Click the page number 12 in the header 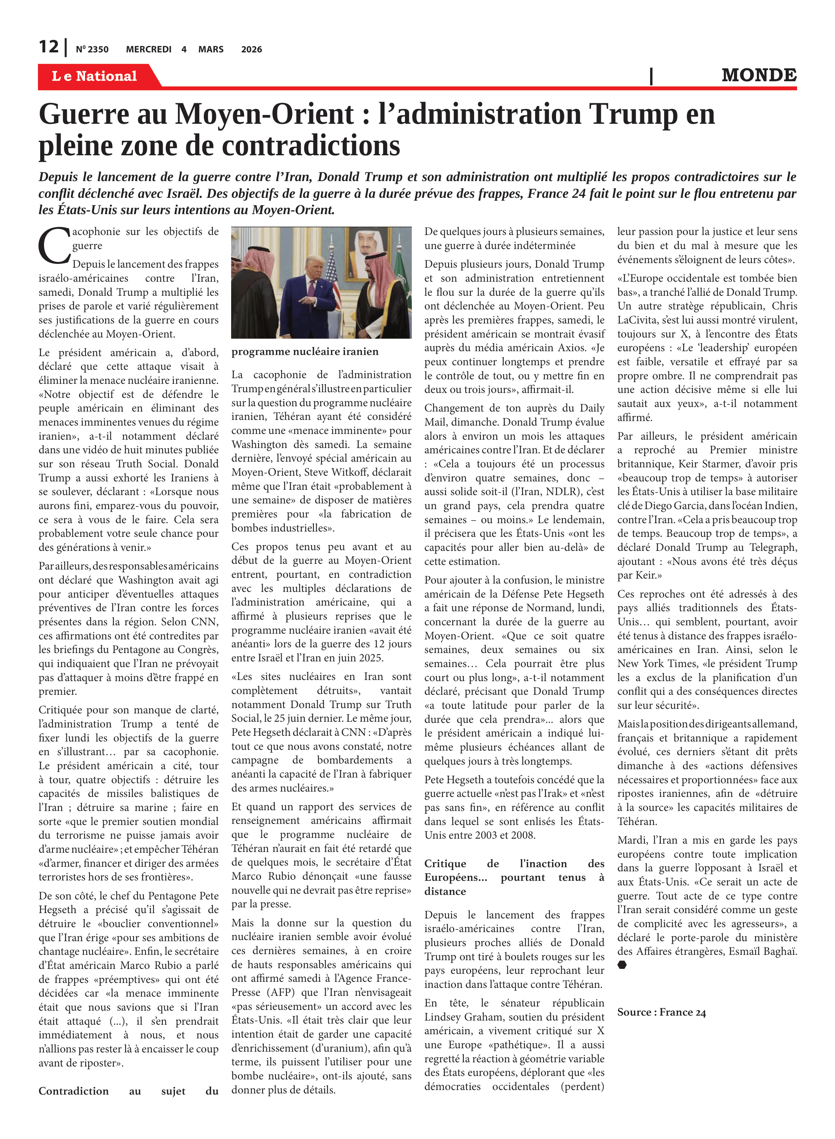pyautogui.click(x=49, y=47)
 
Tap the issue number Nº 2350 pyautogui.click(x=92, y=49)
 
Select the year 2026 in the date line pyautogui.click(x=251, y=49)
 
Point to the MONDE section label pyautogui.click(x=759, y=75)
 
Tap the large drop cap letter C pyautogui.click(x=54, y=246)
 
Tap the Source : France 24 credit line pyautogui.click(x=661, y=1012)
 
